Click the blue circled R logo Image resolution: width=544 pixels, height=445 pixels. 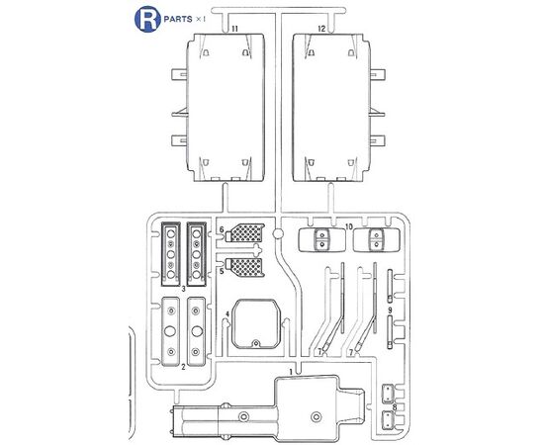point(147,19)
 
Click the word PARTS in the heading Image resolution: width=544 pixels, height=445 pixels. point(178,19)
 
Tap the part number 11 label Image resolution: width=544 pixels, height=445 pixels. point(234,29)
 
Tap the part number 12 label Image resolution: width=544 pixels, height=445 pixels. point(321,29)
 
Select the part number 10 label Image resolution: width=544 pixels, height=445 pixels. point(349,226)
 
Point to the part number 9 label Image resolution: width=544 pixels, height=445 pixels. point(390,310)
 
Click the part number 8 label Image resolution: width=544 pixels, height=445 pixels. point(395,406)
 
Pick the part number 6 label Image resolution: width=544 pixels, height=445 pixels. point(222,229)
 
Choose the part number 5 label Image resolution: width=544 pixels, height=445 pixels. point(222,271)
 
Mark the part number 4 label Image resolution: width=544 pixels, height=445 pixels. point(227,314)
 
